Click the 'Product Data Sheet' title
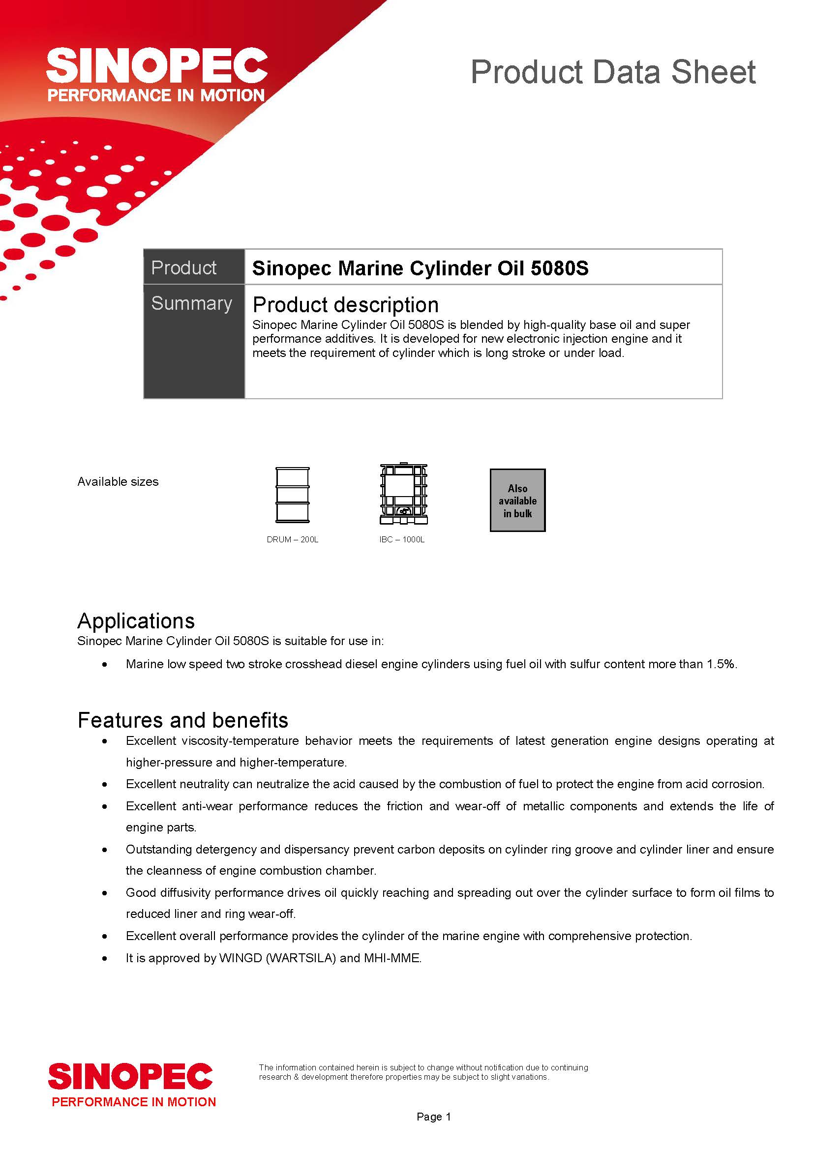click(613, 72)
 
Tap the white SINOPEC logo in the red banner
click(157, 65)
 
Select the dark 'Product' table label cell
click(194, 267)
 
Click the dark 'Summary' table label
click(192, 303)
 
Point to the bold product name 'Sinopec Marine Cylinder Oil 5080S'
click(421, 268)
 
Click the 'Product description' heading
click(346, 304)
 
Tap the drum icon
click(293, 495)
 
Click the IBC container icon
click(403, 494)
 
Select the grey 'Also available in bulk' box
click(517, 500)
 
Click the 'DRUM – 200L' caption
click(293, 539)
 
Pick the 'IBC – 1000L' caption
click(402, 539)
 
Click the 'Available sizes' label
click(118, 482)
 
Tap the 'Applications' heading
click(136, 621)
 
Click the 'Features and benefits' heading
click(183, 720)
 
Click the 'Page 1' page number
click(434, 1117)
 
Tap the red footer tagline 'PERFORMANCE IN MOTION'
click(134, 1102)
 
